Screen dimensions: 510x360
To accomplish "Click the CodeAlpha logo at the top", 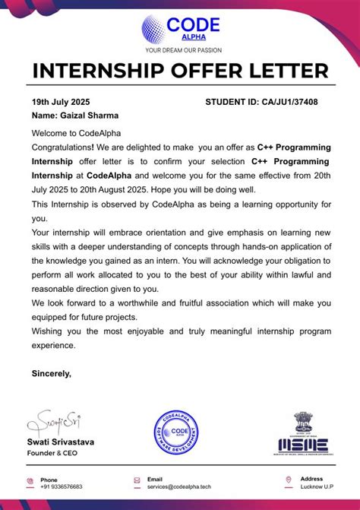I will tap(180, 28).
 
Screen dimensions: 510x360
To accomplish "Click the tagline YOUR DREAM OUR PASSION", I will tap(180, 51).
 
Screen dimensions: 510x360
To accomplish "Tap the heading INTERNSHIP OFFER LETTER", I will tap(180, 72).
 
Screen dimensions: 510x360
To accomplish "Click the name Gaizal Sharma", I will tap(75, 116).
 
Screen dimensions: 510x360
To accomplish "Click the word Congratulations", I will tap(62, 147).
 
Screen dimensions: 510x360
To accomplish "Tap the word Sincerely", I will tap(51, 373).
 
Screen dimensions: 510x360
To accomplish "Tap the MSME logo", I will tap(312, 434).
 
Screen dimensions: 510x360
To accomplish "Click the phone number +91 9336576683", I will tap(62, 486).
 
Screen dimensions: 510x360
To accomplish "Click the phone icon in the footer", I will tap(30, 480).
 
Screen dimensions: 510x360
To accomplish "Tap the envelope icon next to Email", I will tap(137, 480).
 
